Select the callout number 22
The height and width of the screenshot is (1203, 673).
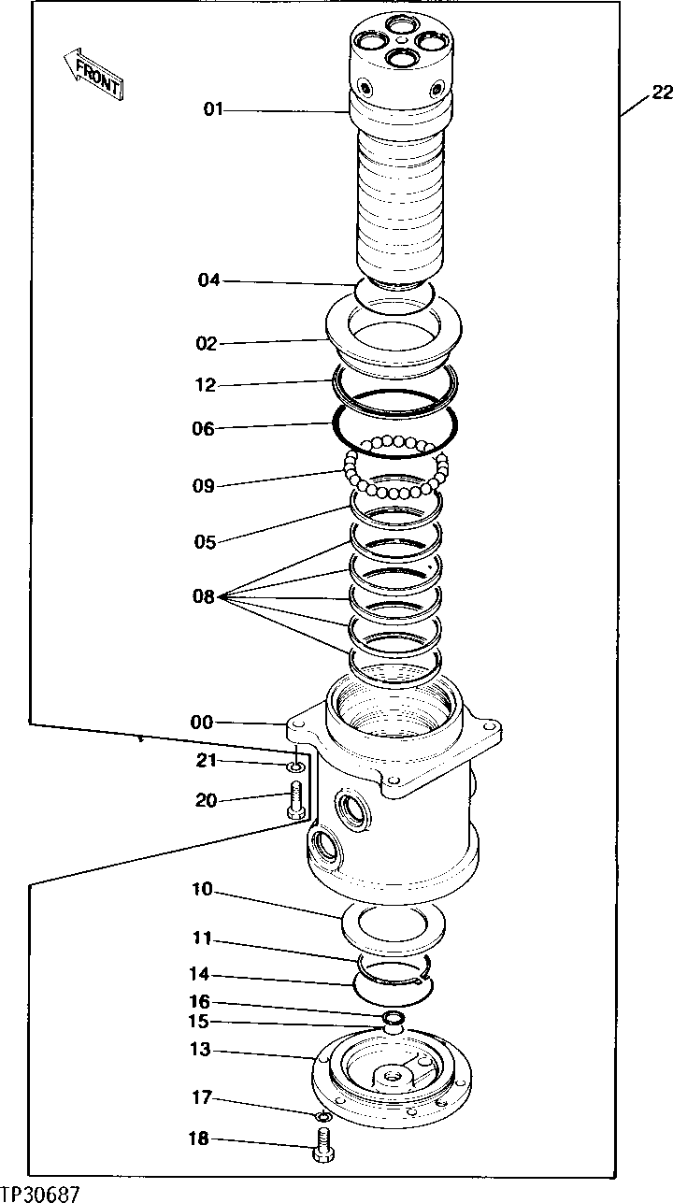point(662,92)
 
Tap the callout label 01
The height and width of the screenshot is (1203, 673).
point(214,110)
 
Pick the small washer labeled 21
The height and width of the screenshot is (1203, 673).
point(294,768)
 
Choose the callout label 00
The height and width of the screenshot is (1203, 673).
point(201,723)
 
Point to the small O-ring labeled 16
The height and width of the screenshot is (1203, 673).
point(394,1017)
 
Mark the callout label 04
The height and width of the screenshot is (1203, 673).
point(208,279)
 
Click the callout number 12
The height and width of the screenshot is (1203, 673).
point(206,384)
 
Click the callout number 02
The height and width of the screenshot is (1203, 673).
point(207,344)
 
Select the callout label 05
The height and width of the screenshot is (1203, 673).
point(206,542)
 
